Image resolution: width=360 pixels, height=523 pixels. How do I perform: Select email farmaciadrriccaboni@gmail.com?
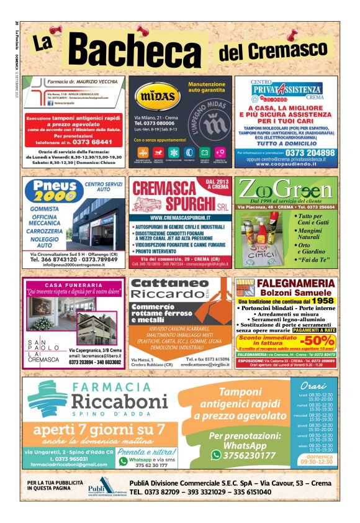pos(70,464)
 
